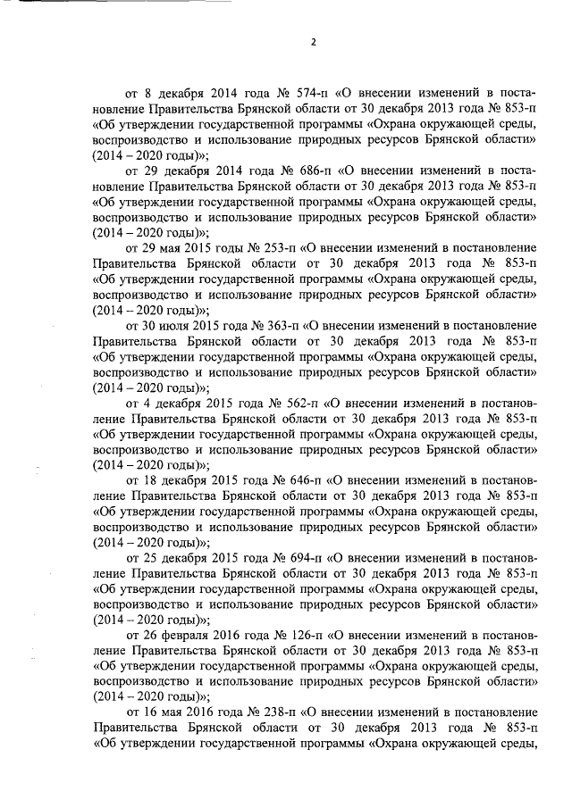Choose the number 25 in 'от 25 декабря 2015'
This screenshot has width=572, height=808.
point(148,555)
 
